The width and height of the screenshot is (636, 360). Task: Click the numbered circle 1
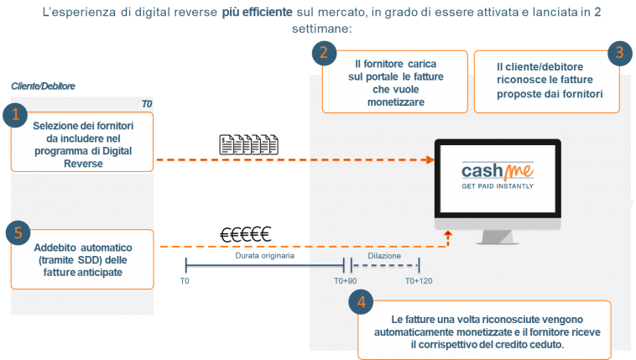pyautogui.click(x=13, y=116)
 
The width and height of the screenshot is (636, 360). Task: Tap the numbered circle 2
pyautogui.click(x=322, y=53)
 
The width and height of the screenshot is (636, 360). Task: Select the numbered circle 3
pyautogui.click(x=618, y=53)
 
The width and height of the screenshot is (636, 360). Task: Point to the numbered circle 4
pyautogui.click(x=361, y=300)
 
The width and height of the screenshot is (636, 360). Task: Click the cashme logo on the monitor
pyautogui.click(x=498, y=171)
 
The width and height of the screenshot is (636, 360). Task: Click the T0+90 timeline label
pyautogui.click(x=346, y=280)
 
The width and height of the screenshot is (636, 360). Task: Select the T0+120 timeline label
pyautogui.click(x=419, y=280)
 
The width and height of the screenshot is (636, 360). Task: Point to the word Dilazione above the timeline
pyautogui.click(x=384, y=255)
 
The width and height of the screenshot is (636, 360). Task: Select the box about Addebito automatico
pyautogui.click(x=83, y=258)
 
